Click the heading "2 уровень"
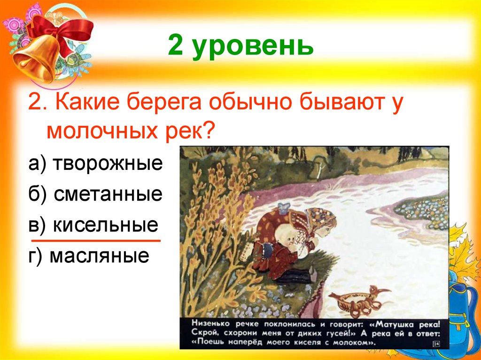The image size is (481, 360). click(x=240, y=47)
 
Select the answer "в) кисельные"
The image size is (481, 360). click(x=93, y=225)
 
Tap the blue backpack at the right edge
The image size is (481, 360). click(x=465, y=305)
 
